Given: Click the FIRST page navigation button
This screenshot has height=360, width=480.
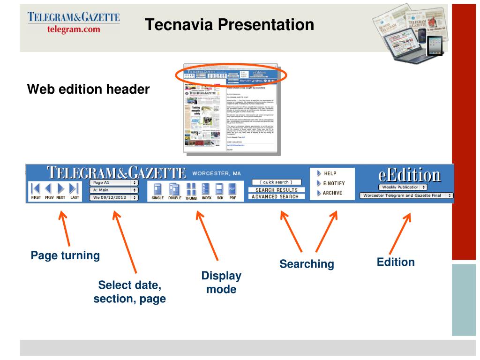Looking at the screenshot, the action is click(x=35, y=189).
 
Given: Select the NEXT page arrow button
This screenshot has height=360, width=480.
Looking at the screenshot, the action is click(x=61, y=189).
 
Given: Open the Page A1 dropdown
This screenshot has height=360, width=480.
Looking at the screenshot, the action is click(x=113, y=182).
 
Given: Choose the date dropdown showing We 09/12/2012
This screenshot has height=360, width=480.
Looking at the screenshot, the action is click(x=113, y=198).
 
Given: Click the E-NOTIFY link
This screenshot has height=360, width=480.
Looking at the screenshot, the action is click(x=333, y=183).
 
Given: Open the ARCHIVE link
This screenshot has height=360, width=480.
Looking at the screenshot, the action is click(x=332, y=193).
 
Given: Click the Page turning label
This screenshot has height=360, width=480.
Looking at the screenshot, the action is click(x=65, y=255).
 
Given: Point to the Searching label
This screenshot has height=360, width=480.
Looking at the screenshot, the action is click(x=307, y=264).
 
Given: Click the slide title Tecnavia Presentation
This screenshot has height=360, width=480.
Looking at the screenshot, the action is click(x=229, y=24).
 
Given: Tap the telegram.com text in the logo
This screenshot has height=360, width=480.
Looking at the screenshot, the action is click(x=74, y=29).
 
